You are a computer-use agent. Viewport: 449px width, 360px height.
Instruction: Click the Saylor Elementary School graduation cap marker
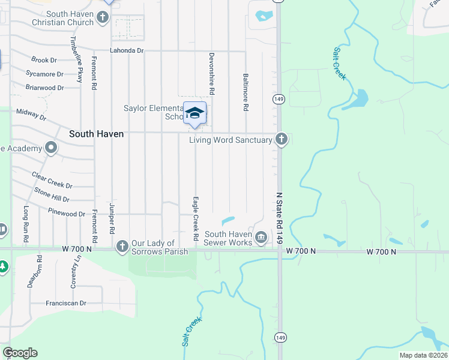195,113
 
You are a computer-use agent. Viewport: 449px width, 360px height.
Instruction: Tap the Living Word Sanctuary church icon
281,140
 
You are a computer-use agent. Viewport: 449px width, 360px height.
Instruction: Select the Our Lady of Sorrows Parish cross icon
122,245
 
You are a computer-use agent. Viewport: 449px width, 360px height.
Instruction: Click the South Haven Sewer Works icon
261,237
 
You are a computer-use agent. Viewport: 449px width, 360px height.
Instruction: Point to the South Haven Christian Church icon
103,17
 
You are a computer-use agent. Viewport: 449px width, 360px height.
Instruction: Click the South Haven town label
96,134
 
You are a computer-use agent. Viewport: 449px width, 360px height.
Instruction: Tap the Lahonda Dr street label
127,51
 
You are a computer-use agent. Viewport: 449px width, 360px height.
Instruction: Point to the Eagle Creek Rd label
196,218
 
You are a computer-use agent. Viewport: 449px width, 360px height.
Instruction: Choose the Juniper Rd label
112,218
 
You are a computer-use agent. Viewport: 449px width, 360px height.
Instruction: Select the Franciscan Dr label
66,304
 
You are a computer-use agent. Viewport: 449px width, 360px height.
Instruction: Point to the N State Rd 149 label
279,218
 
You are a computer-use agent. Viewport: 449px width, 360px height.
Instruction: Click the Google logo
20,353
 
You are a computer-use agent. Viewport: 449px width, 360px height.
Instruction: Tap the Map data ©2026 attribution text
424,355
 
